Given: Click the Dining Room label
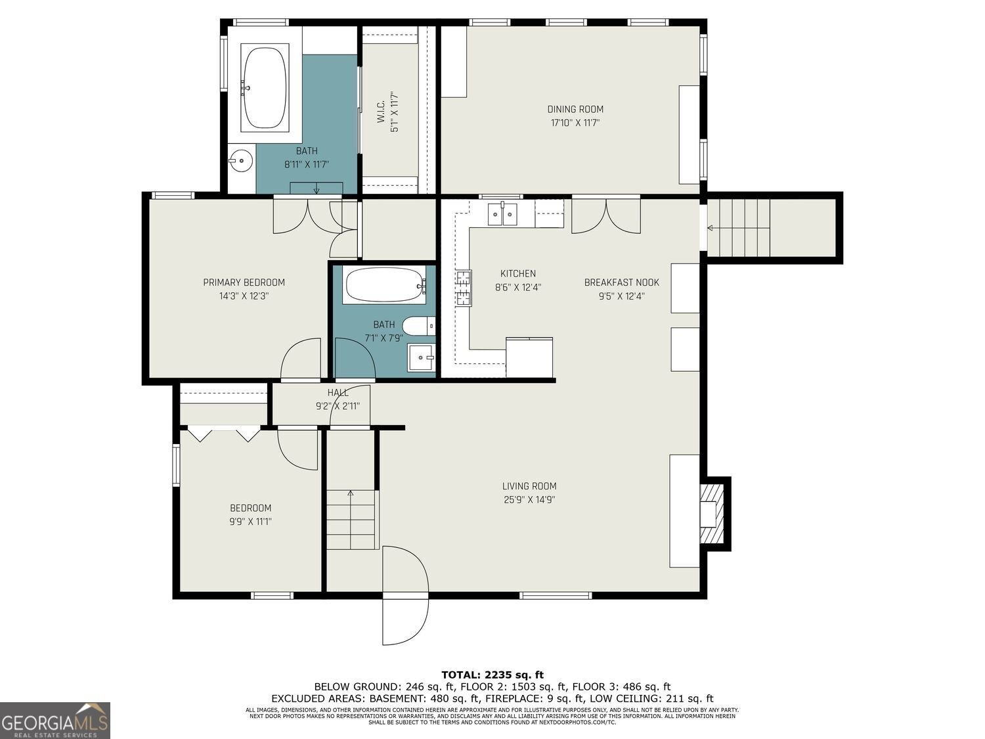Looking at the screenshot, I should (x=575, y=109).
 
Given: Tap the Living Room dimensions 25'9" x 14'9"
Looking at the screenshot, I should (x=529, y=499).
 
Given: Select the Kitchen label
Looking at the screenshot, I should (x=517, y=273).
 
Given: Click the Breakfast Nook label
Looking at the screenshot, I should (x=621, y=282).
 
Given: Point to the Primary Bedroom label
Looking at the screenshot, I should (x=244, y=282).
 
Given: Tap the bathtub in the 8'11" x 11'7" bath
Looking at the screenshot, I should (x=265, y=87).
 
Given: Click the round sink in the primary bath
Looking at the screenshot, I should (x=241, y=160).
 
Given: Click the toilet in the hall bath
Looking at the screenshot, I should (x=419, y=325).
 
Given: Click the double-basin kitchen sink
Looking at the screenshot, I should (x=502, y=214).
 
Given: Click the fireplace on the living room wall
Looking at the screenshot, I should (x=712, y=512).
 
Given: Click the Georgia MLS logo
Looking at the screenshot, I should (x=55, y=721).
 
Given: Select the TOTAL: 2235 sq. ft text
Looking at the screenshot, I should (x=492, y=675).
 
